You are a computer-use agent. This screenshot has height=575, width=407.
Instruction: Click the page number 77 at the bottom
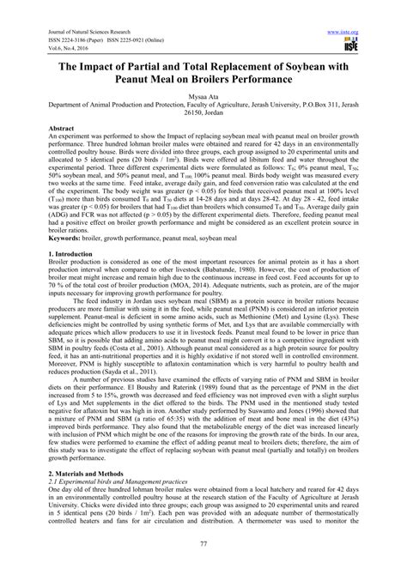point(203,557)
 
